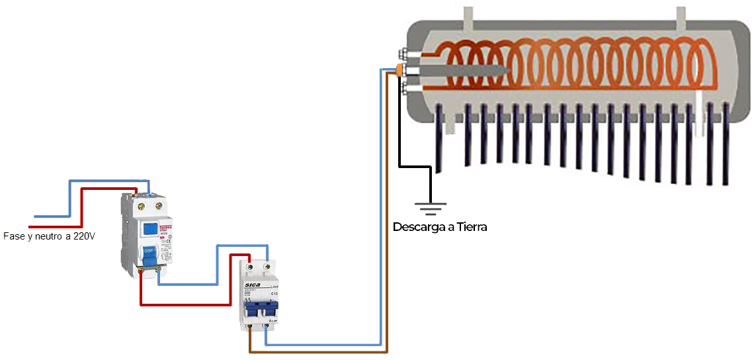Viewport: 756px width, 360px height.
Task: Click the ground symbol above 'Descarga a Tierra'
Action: pos(431,208)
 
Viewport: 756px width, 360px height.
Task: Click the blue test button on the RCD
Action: pos(150,230)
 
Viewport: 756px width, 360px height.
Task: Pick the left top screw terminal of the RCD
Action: pos(142,206)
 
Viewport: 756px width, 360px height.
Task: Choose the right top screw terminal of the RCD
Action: pos(158,206)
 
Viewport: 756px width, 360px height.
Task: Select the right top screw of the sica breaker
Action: pos(267,267)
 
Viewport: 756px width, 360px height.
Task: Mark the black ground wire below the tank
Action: pos(399,132)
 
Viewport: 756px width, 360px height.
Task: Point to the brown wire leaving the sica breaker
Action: pos(317,351)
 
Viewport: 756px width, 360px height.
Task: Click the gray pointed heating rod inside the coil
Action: pos(463,69)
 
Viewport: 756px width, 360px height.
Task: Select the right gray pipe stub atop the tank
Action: pos(679,17)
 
